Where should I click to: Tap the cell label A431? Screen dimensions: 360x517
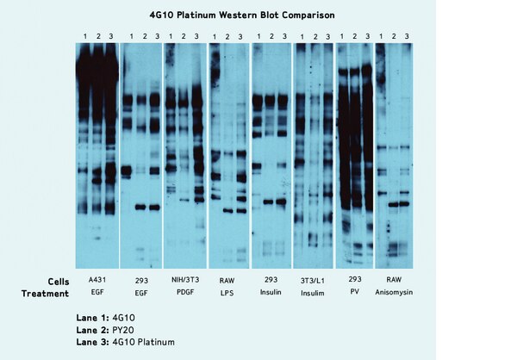[96, 281]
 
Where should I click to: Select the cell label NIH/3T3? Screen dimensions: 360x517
[182, 281]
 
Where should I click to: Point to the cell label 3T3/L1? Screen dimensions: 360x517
[312, 281]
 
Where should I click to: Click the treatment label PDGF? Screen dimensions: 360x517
[182, 294]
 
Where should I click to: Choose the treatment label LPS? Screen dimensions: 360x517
[226, 294]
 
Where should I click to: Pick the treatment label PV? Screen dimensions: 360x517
[355, 294]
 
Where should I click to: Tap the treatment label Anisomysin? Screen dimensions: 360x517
[398, 294]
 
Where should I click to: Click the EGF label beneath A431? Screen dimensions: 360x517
[96, 294]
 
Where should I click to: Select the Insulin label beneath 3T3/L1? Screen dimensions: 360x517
[312, 294]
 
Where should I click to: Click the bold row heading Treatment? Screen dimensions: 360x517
[45, 294]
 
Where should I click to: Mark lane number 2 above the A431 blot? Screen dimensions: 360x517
[97, 36]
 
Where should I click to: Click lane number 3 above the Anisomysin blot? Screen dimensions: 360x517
[408, 36]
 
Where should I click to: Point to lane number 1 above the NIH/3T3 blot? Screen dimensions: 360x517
[171, 36]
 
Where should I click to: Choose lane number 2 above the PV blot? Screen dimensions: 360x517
[354, 36]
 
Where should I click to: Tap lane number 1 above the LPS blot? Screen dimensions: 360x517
[215, 36]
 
